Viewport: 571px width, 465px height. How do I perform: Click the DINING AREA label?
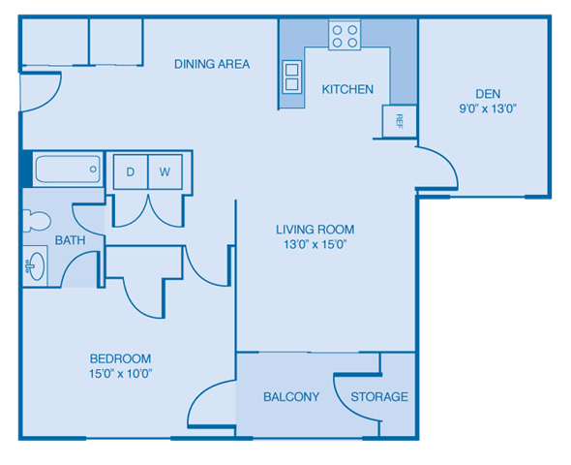(x=212, y=64)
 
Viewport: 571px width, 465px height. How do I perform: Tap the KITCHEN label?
(x=347, y=89)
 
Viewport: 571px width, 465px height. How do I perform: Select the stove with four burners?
(x=344, y=36)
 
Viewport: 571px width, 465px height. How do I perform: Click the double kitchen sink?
(x=291, y=76)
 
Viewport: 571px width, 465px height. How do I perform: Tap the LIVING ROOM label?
(x=315, y=230)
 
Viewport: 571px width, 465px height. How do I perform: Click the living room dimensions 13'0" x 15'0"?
(x=315, y=245)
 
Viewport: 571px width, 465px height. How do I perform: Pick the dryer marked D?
(x=130, y=171)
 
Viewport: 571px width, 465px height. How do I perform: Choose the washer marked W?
(x=165, y=171)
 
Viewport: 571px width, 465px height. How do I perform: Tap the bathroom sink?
(x=35, y=265)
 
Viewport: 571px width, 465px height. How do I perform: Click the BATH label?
(x=69, y=240)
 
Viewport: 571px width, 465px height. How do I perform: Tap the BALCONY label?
(x=291, y=397)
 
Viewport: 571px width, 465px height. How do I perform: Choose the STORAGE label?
(x=379, y=397)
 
